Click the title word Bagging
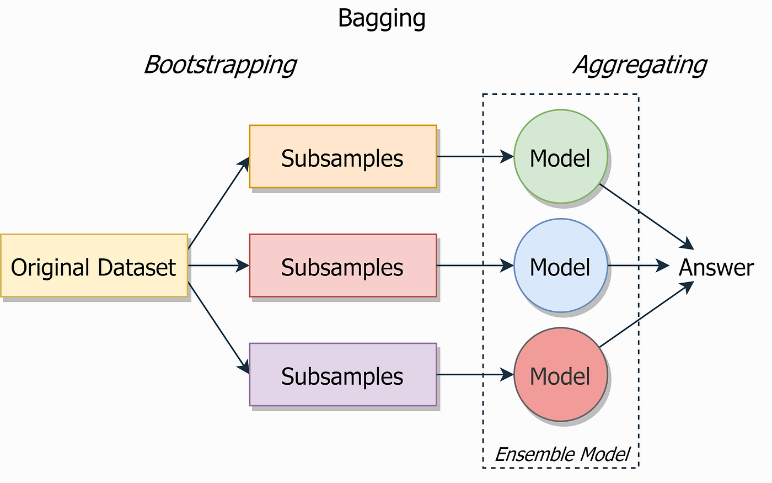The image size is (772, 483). point(382,19)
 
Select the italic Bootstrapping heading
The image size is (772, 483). point(220,65)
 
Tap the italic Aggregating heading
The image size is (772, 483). point(640,65)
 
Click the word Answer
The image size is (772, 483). point(716,268)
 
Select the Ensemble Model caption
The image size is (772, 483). point(562,454)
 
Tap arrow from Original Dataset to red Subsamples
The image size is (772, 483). point(218,266)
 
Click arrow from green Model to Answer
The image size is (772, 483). point(645,216)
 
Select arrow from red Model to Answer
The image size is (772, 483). point(645,315)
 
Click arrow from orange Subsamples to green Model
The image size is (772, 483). point(474,157)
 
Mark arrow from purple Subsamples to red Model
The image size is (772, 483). point(474,375)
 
